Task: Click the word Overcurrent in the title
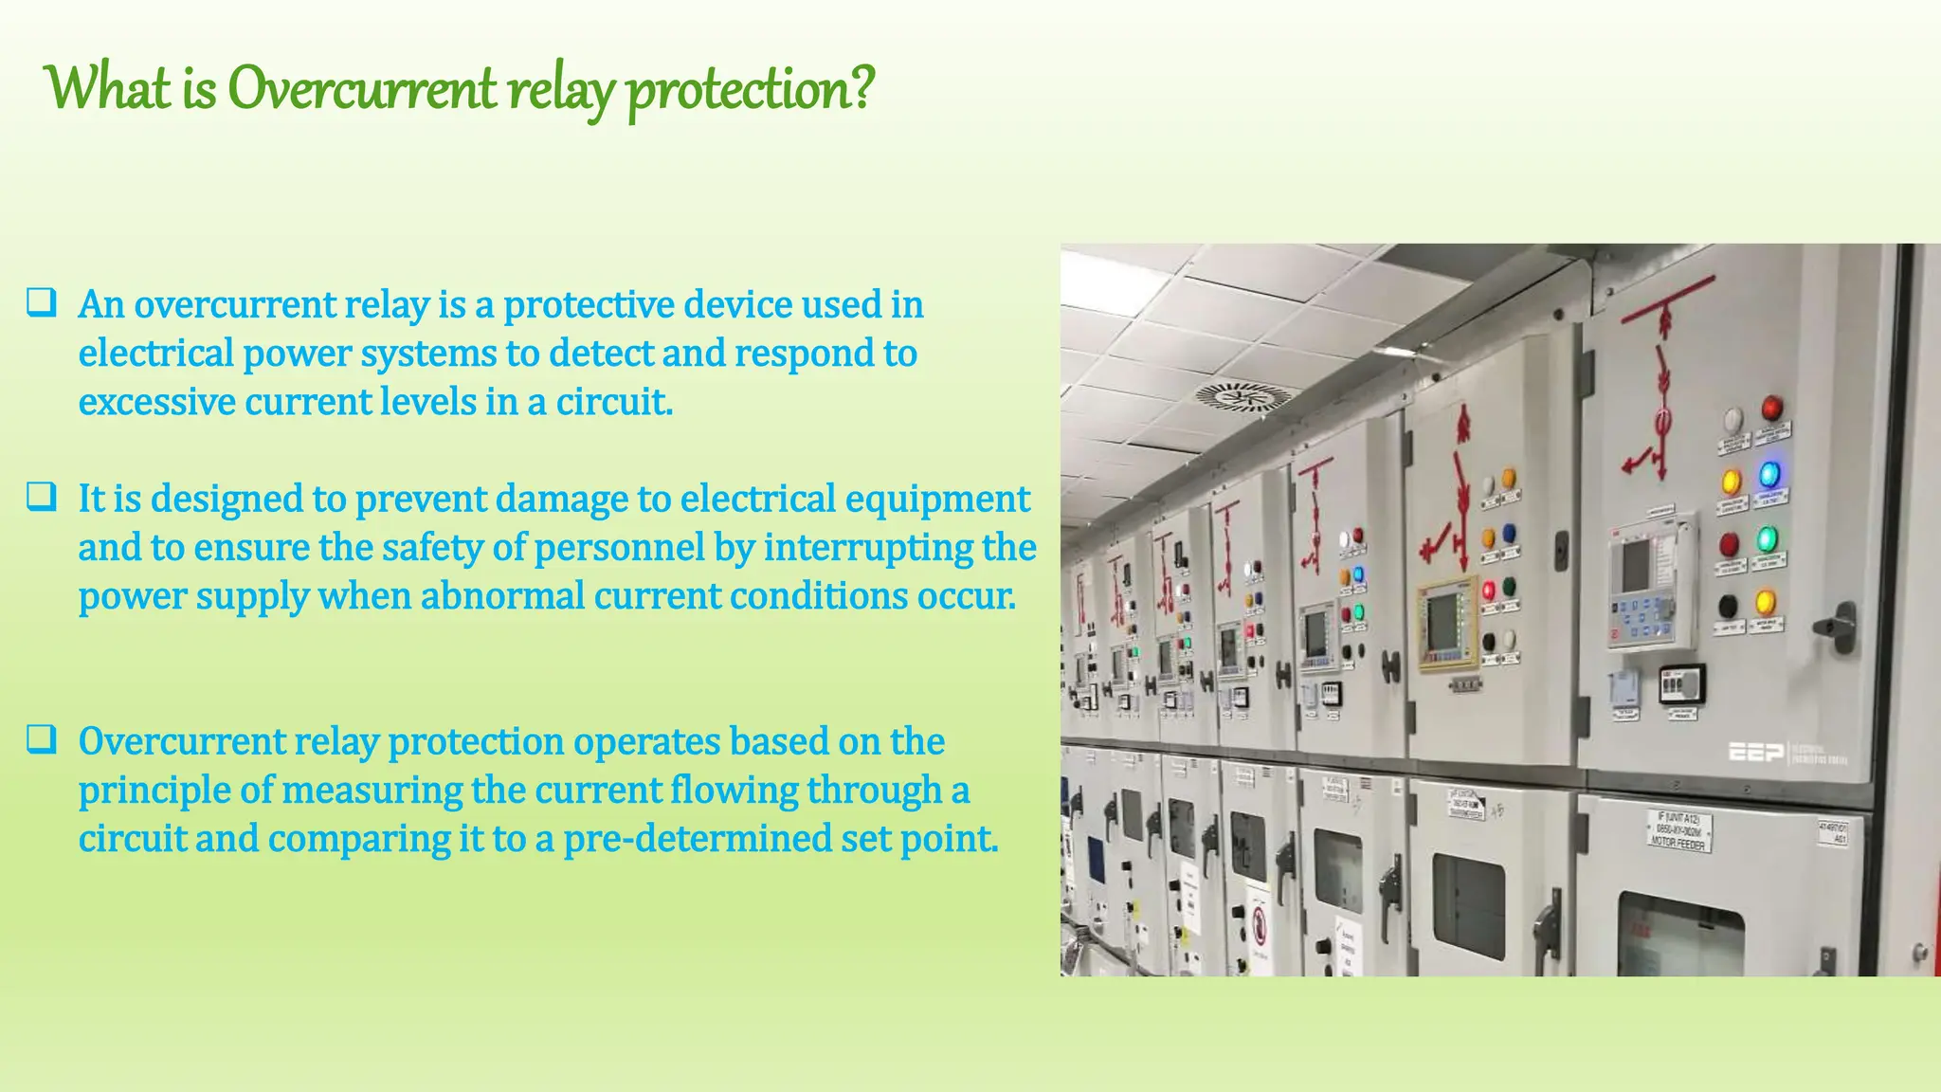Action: (361, 89)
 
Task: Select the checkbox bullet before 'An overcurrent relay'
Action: (42, 303)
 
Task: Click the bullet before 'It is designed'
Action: (42, 497)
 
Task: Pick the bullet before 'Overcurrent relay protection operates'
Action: (42, 739)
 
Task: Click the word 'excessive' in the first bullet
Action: (156, 402)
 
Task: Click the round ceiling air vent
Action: (1243, 396)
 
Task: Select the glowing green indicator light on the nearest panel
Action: (1767, 539)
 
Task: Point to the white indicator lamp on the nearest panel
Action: (1732, 420)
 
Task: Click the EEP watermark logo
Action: (1756, 753)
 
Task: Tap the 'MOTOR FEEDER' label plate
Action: (1678, 831)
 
